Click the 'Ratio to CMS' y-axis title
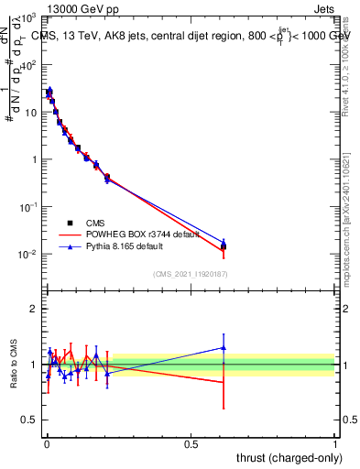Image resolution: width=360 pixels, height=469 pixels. [13, 364]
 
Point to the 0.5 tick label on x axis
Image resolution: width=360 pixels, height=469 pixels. [191, 442]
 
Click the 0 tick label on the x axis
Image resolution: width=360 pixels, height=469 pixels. [46, 442]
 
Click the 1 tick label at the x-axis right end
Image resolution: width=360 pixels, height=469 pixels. [335, 442]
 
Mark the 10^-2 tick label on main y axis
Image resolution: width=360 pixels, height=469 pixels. [27, 254]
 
